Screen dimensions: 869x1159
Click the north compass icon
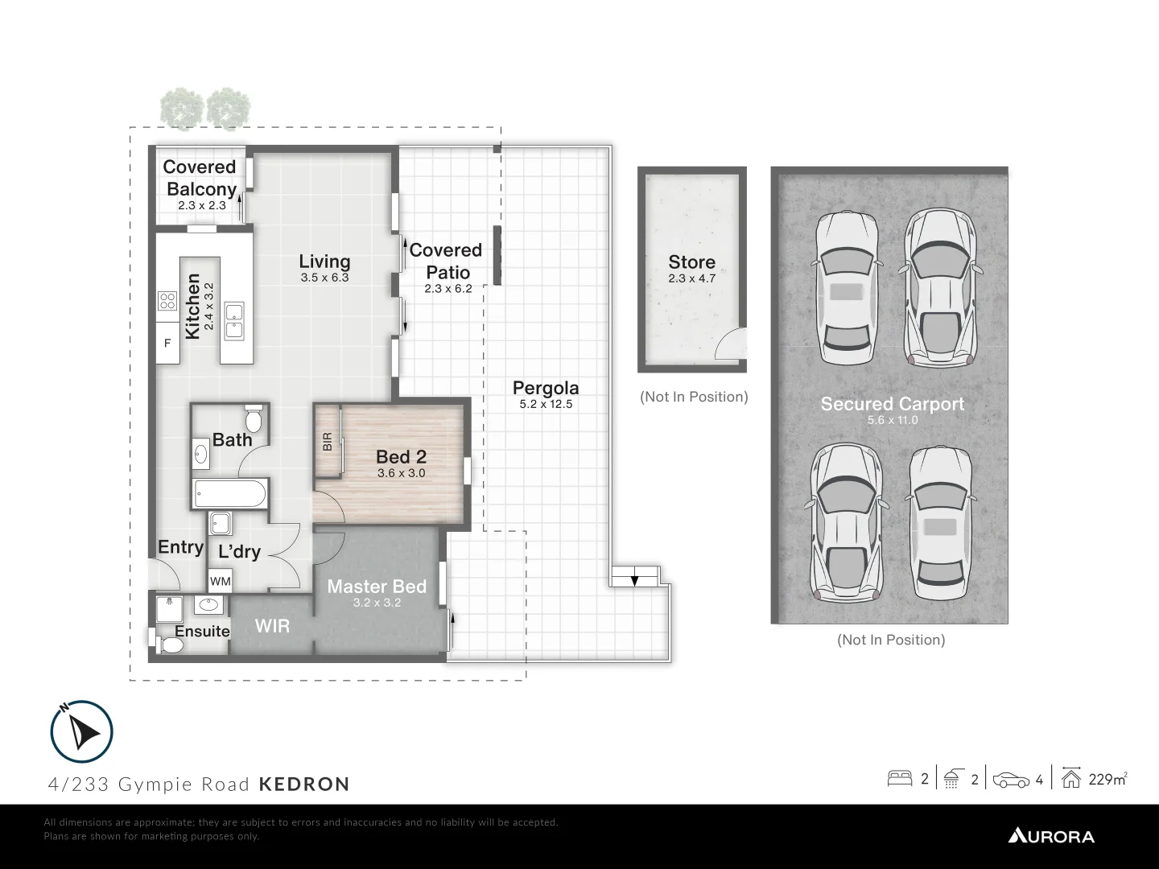(x=81, y=731)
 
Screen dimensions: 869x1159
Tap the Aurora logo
(x=1051, y=836)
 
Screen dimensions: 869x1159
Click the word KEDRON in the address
(x=304, y=784)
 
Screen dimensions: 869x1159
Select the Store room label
(x=691, y=262)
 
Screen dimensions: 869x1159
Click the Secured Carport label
(x=892, y=404)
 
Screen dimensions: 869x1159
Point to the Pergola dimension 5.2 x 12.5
(x=546, y=404)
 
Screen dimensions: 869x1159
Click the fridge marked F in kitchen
(x=168, y=344)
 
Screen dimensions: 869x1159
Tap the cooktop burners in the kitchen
(x=167, y=301)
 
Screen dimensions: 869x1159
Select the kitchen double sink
(x=234, y=320)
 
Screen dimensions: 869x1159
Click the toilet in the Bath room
(x=254, y=418)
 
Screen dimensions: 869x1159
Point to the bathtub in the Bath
(x=229, y=493)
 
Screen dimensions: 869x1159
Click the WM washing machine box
(x=220, y=580)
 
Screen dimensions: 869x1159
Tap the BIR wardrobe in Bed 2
(x=327, y=442)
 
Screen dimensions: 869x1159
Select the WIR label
(x=272, y=625)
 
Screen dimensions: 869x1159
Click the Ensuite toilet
(x=168, y=645)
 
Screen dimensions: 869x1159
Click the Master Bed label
(x=377, y=587)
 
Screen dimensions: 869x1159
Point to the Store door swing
(x=731, y=346)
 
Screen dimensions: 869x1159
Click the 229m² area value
(x=1107, y=779)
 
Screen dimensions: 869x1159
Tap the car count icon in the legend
(x=1011, y=780)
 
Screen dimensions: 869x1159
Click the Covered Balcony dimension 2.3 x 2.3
(x=201, y=205)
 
